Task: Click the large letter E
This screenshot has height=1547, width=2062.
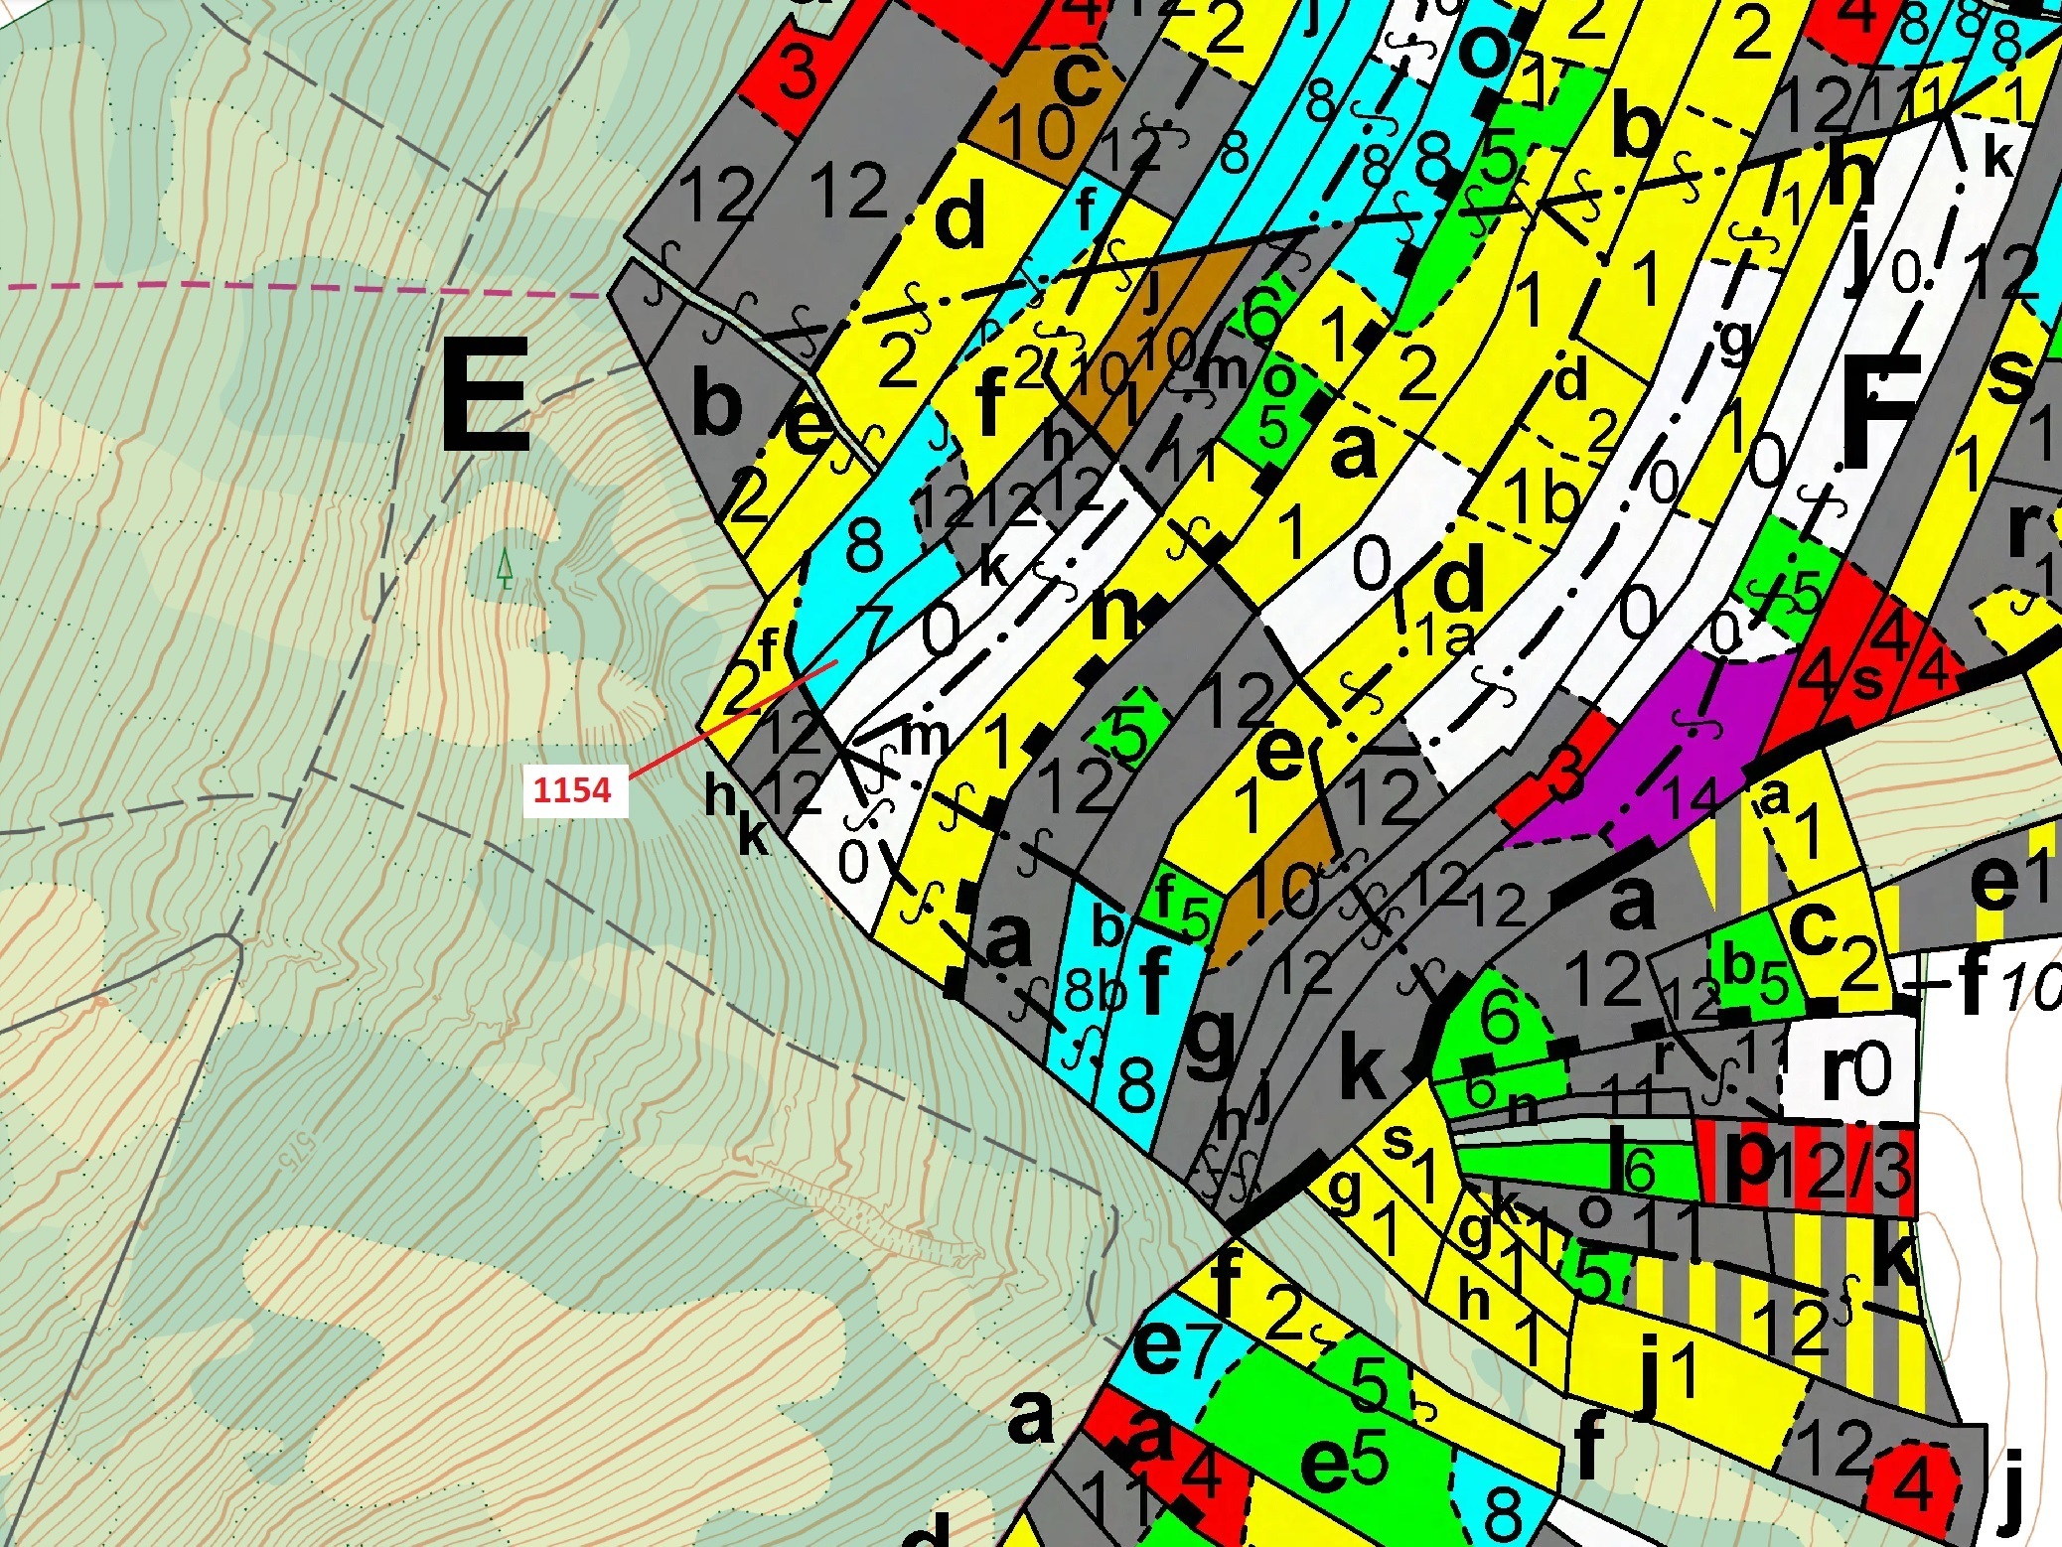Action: point(485,395)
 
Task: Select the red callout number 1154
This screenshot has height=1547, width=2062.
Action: point(572,789)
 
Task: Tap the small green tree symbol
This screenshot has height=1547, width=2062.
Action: point(505,569)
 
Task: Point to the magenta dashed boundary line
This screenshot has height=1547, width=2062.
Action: point(298,290)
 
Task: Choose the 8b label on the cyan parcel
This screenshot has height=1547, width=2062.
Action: point(1097,990)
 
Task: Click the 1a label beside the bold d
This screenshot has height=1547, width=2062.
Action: point(1445,635)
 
